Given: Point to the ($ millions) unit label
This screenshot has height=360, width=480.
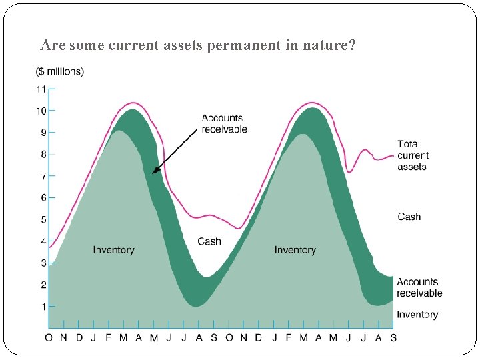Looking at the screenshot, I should pos(59,71).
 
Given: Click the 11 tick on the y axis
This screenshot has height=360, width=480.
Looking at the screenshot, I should pos(41,89).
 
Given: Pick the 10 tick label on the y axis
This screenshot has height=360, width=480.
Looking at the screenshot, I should pos(41,111).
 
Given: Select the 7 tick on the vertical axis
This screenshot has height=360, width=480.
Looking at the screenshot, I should pos(43,176).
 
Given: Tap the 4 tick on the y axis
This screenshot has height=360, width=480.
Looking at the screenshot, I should pos(43,241).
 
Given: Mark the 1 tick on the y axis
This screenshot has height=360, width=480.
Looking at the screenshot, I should pos(43,307).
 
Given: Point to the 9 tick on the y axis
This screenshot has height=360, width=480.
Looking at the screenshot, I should pos(43,133).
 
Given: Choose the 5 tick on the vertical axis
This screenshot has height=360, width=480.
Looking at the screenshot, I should pos(43,219).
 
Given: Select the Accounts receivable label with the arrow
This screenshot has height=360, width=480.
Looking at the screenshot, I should pos(225,124).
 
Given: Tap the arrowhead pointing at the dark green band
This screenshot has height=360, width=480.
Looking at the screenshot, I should pos(155,171).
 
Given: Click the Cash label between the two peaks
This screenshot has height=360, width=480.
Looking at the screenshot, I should pos(209,241).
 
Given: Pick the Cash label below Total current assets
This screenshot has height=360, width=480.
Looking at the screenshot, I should pos(409,217).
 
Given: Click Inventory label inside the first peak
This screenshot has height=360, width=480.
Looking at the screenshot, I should pos(113,250).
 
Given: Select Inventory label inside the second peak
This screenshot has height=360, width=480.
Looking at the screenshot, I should pos(295,250).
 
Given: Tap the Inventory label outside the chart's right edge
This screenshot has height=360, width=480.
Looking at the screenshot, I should pos(417,315).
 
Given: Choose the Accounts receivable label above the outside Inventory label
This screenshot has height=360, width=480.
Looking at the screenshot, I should pos(419,287).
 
